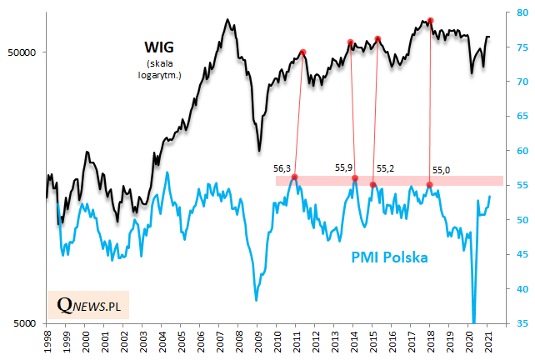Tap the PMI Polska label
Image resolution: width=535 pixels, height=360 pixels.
coord(382,257)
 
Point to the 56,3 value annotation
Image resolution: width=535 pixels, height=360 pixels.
coord(283,167)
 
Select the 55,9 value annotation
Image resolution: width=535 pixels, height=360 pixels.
coord(343,167)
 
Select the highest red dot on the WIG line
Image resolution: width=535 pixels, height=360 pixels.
coord(430,20)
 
